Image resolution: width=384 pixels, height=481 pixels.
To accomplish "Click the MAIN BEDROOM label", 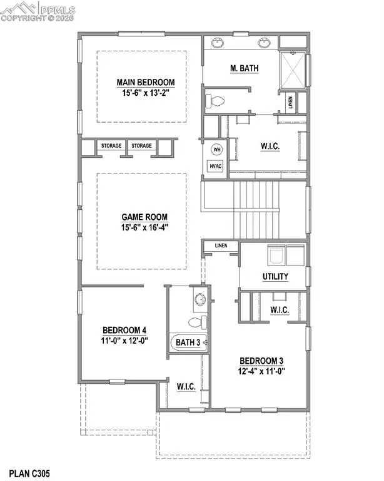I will point(145,82).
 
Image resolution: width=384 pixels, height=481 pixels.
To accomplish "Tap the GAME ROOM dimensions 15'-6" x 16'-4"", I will point(145,227).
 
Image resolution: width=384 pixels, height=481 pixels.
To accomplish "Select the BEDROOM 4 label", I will point(124,330).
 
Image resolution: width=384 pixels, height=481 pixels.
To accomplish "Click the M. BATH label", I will point(246,68).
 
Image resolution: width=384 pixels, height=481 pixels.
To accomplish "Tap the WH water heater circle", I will point(217,150).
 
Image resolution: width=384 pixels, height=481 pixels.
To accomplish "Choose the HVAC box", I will point(216,166).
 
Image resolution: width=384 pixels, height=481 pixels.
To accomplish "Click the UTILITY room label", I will point(275,276).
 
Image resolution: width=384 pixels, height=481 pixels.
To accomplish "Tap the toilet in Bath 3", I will point(197,322).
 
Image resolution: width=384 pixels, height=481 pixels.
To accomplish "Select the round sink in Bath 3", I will point(200,300).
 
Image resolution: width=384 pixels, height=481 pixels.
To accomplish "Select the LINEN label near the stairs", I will point(220,246).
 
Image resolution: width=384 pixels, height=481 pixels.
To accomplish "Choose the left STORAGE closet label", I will point(111,146).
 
